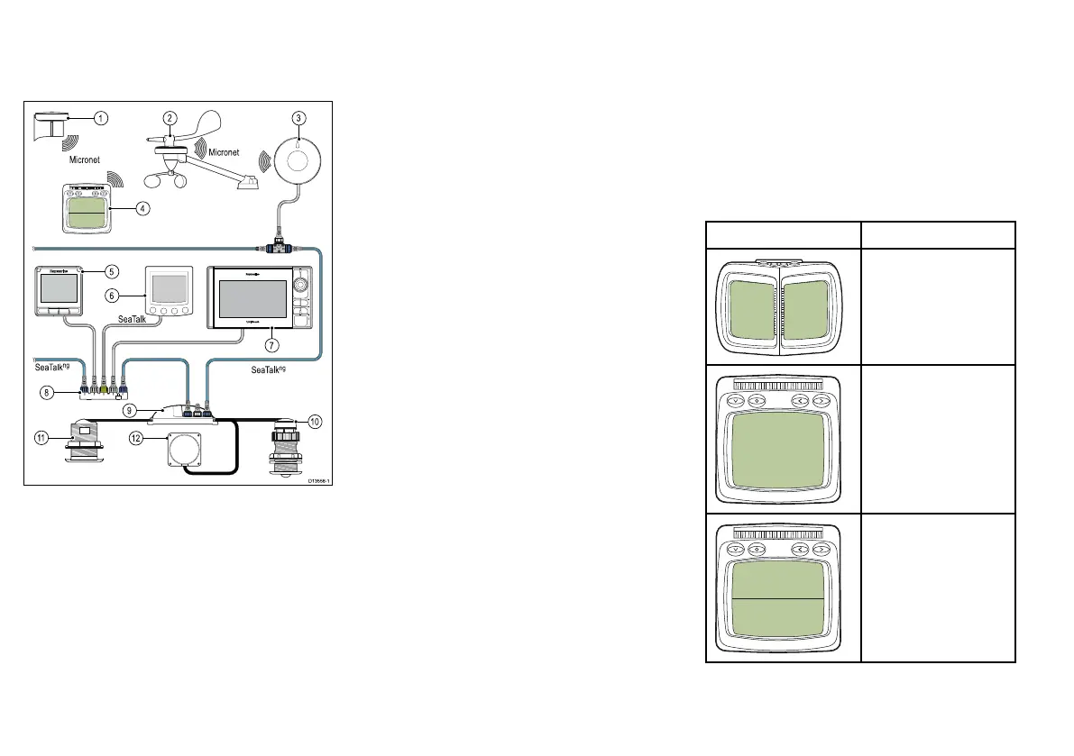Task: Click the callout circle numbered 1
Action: point(102,117)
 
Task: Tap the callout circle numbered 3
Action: point(299,117)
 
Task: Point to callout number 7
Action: point(272,344)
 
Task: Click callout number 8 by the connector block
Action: point(45,392)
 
